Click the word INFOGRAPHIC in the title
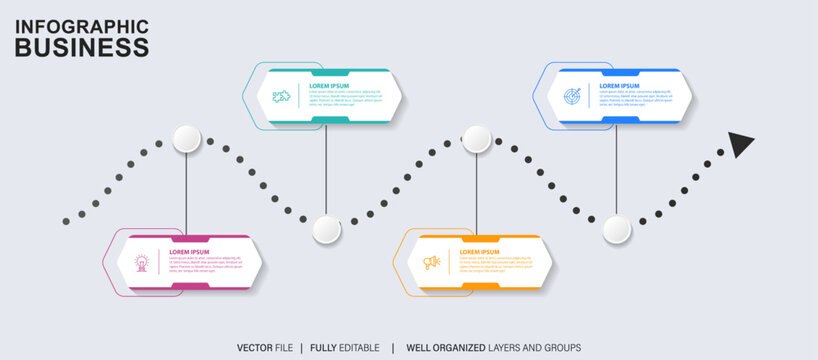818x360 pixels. coord(82,26)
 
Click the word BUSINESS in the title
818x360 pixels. coord(82,47)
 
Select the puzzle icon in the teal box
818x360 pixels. coord(281,96)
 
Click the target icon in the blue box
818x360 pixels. coord(572,97)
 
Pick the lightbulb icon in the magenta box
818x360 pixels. coord(142,263)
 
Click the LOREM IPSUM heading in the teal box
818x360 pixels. coord(329,86)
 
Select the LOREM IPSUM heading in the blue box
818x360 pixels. coord(620,86)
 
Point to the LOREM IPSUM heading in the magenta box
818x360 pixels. coord(189,252)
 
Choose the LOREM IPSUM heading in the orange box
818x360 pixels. coord(480,252)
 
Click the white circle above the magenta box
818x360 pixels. coord(187,139)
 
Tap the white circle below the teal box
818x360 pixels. coord(327,230)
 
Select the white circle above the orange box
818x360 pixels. coord(477,139)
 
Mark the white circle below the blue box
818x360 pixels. coord(617,230)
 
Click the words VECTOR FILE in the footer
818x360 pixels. coord(265,347)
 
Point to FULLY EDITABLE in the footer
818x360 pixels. coord(344,347)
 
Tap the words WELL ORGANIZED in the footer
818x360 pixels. coord(446,347)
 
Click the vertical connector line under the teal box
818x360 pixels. coord(327,170)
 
